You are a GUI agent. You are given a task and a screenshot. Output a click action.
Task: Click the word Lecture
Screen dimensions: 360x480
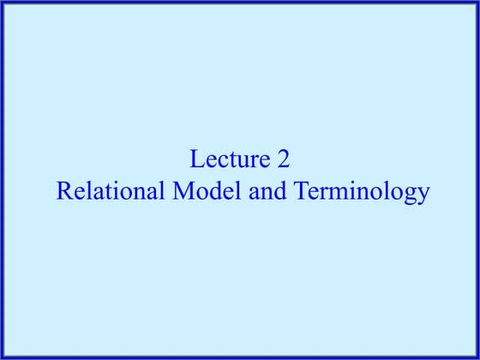(x=225, y=159)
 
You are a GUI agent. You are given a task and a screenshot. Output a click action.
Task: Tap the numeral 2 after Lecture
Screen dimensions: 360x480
(x=284, y=159)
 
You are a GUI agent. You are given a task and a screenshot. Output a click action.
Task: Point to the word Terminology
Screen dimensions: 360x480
(x=361, y=192)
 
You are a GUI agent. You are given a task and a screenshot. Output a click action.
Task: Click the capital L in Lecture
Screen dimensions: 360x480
(x=197, y=159)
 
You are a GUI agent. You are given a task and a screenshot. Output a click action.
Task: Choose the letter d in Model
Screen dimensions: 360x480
(x=216, y=190)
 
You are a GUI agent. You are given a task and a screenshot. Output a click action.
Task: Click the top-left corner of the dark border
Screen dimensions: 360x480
(x=3, y=3)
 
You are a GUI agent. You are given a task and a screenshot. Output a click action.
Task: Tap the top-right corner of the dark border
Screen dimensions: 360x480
(x=477, y=3)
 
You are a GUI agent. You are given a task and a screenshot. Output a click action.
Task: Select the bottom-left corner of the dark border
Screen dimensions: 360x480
(x=3, y=357)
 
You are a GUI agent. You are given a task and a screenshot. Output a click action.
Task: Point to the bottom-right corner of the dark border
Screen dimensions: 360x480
(x=477, y=357)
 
